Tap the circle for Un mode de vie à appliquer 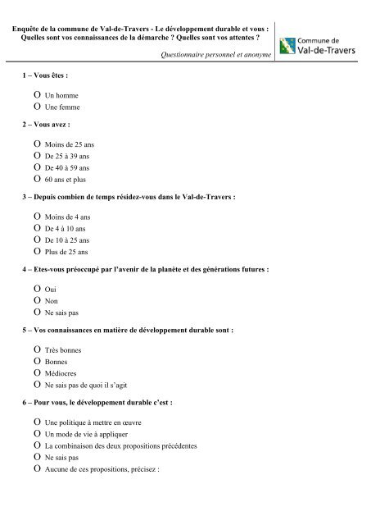click(x=37, y=433)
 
